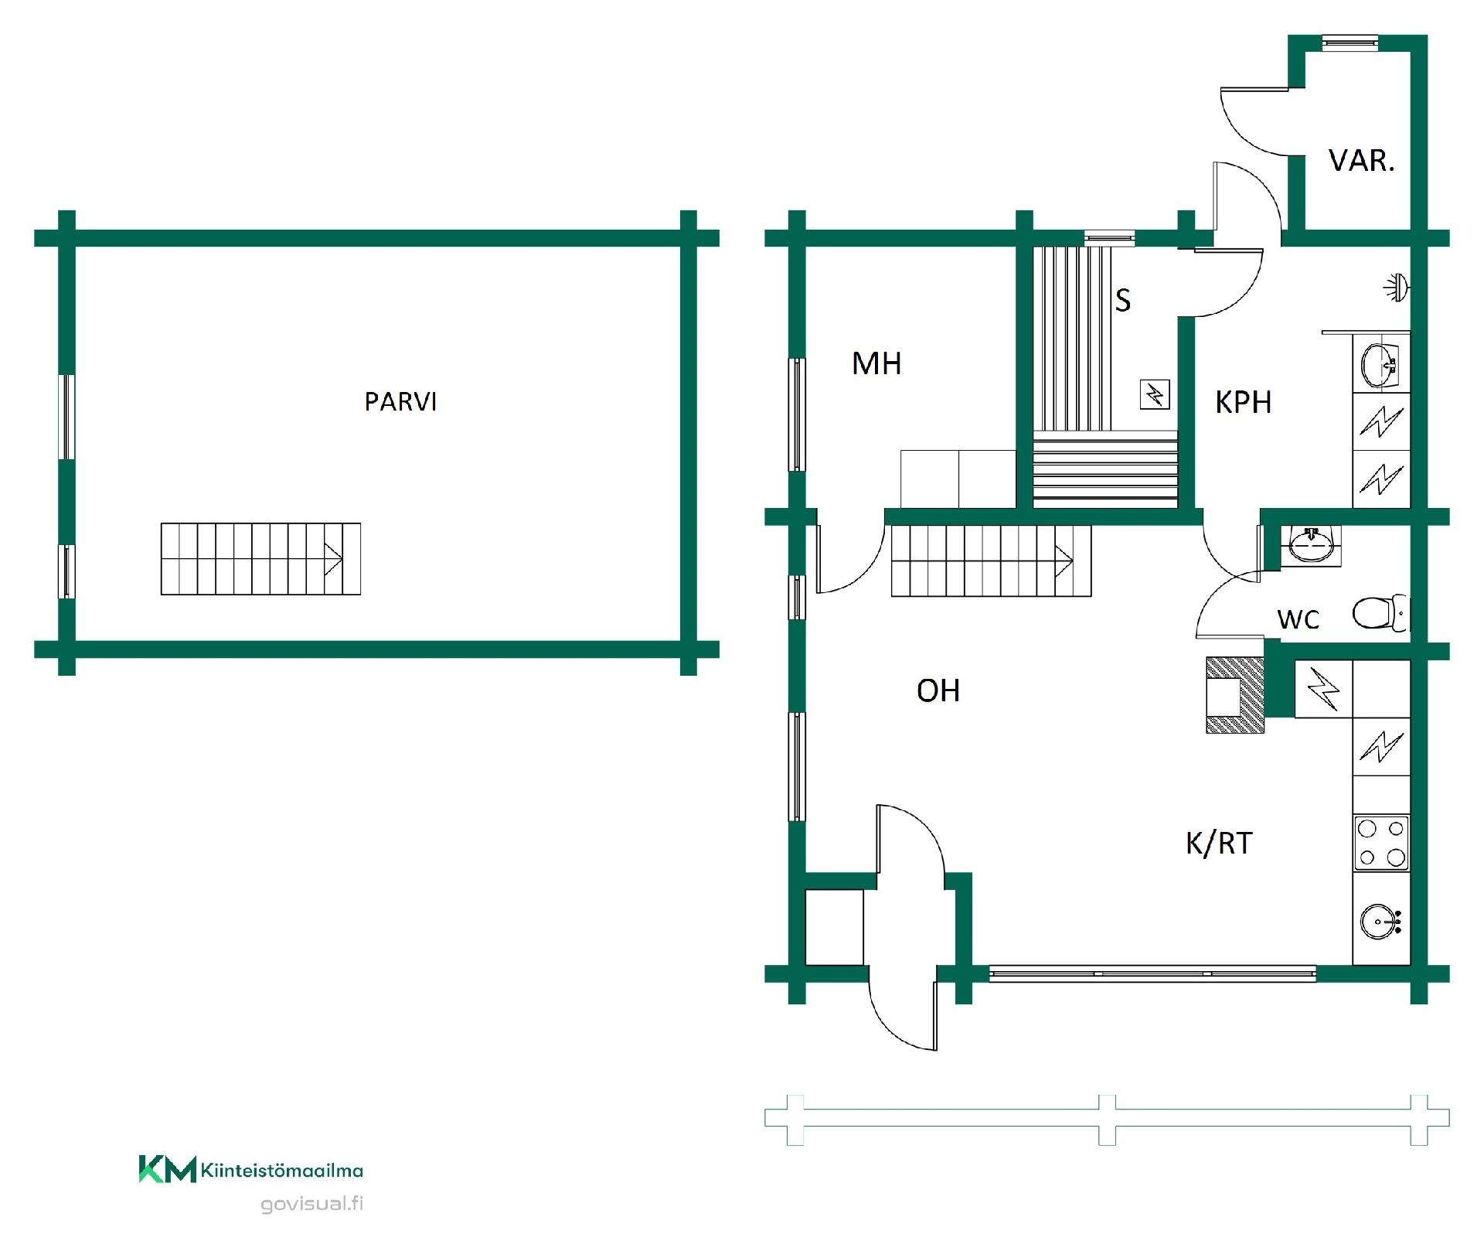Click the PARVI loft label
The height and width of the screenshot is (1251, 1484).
pos(400,402)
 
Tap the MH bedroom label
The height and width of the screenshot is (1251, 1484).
pos(876,363)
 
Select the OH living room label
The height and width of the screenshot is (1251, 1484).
pos(938,690)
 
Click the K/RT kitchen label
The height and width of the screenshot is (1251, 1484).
pos(1219,843)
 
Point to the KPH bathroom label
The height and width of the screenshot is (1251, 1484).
pos(1243,402)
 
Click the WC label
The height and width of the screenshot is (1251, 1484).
pos(1298,619)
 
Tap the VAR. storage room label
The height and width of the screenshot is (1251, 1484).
pos(1361,161)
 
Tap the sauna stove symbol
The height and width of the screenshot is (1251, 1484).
pos(1155,395)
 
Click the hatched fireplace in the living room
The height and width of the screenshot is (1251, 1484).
pos(1235,694)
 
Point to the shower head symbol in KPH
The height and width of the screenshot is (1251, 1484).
pos(1396,288)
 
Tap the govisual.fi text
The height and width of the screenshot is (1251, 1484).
pos(311,1204)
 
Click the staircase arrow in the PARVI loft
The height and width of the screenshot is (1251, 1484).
pos(332,559)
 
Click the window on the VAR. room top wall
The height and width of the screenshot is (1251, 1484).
pos(1350,43)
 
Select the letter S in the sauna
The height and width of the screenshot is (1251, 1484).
pos(1123,300)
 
